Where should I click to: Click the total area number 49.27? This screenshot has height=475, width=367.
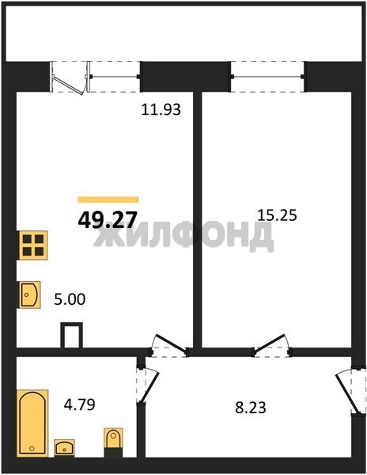[108, 219]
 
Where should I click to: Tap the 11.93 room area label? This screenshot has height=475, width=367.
[161, 109]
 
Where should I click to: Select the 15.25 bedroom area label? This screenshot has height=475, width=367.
[277, 215]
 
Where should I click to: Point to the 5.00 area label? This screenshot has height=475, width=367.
[70, 299]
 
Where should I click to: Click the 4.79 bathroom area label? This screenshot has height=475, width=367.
[80, 405]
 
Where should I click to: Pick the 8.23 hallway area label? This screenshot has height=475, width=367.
[251, 408]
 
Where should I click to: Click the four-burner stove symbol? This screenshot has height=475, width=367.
[33, 245]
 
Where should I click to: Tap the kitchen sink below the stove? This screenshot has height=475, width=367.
[29, 294]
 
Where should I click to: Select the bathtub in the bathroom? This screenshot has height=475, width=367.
[32, 423]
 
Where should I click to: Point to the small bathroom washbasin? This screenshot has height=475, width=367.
[64, 448]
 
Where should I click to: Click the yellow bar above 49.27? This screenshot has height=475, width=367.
[108, 199]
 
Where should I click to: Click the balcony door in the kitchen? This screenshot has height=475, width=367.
[70, 78]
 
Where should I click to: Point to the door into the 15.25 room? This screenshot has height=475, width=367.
[271, 346]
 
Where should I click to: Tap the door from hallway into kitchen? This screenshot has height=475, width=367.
[168, 346]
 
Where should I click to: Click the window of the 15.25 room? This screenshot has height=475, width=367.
[267, 77]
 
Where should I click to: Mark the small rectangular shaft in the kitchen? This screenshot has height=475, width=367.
[72, 335]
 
